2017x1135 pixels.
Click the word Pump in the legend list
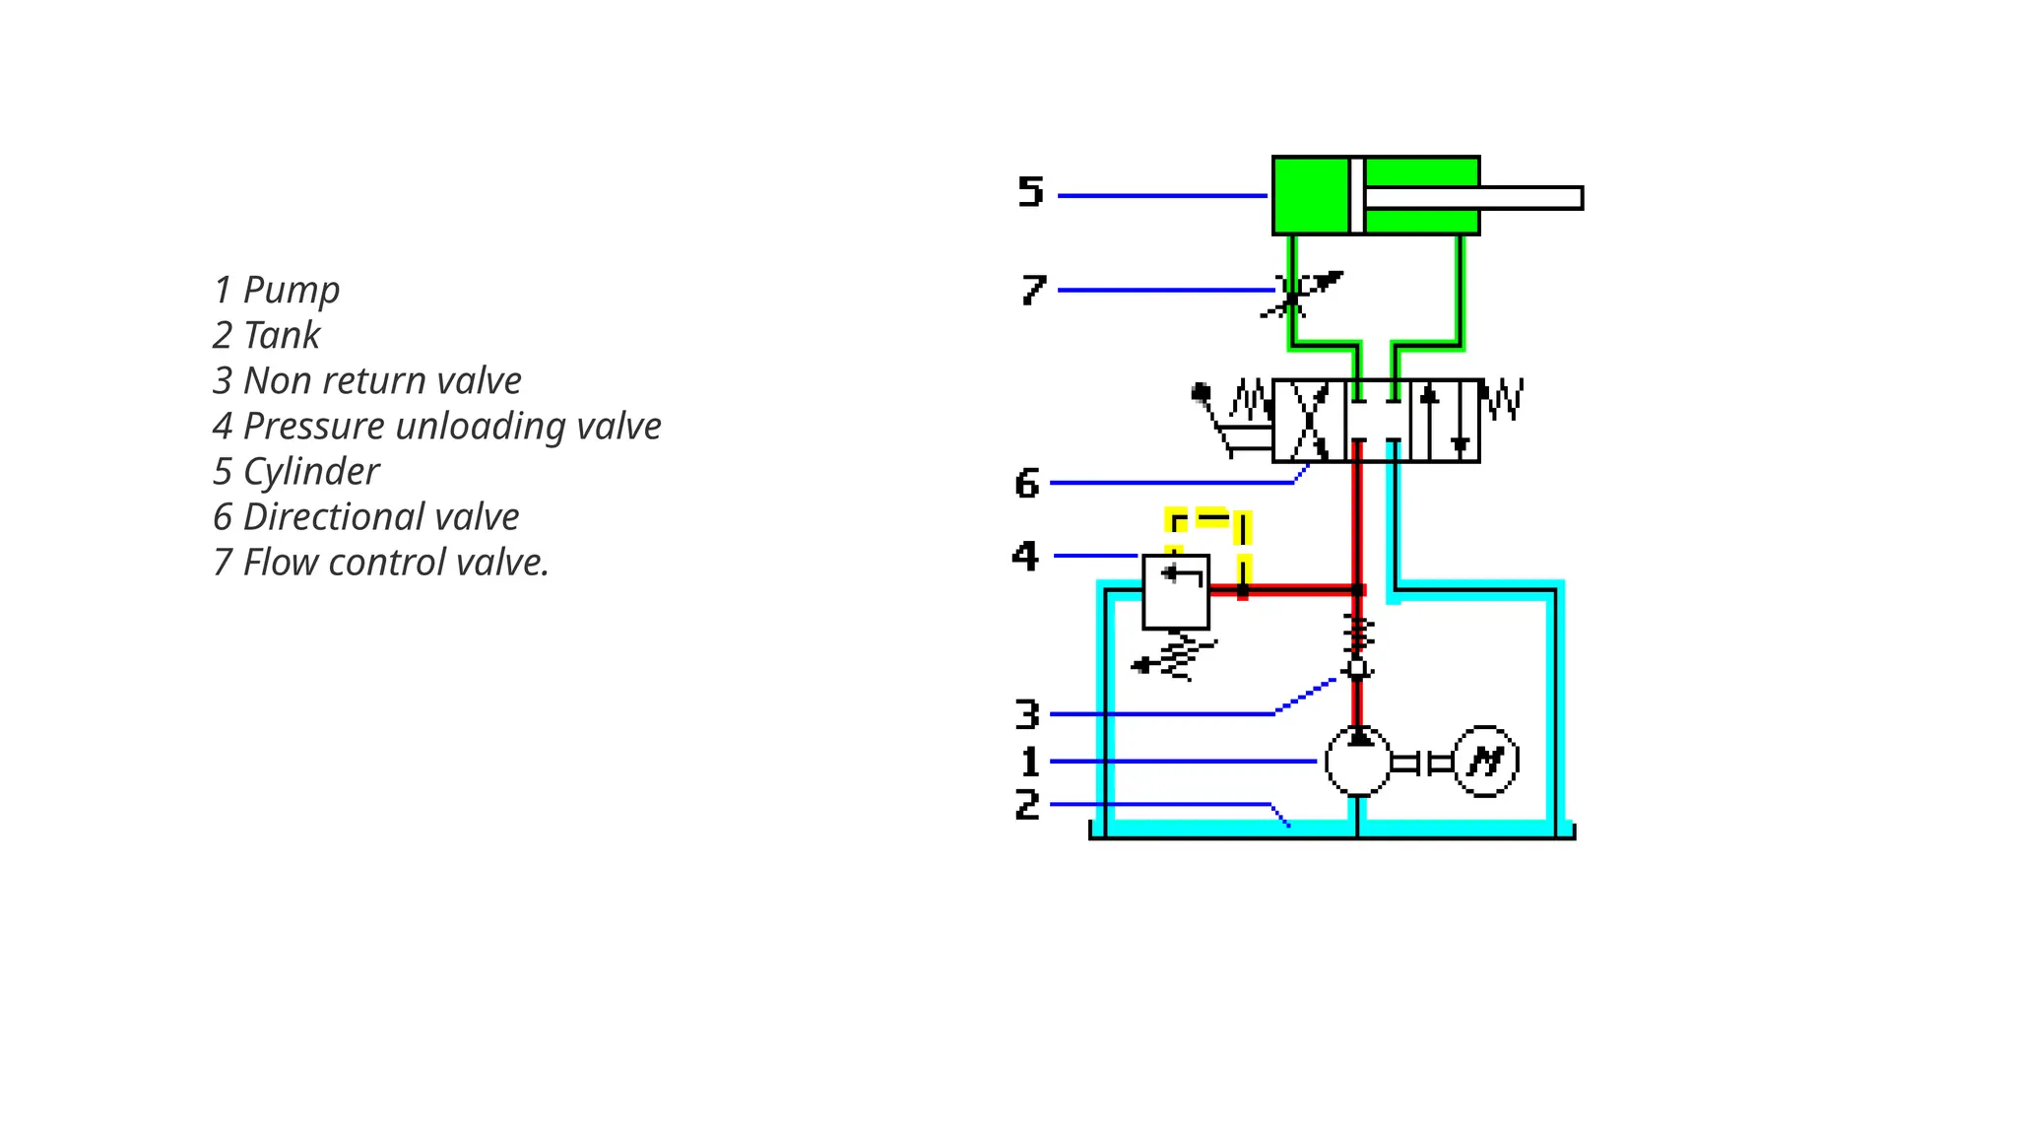point(291,291)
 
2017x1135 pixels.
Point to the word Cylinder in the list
point(310,472)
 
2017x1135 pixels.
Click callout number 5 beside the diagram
point(1030,191)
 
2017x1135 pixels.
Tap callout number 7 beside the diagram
point(1032,290)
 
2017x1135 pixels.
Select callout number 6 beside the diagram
point(1027,484)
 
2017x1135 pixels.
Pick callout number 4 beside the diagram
point(1025,557)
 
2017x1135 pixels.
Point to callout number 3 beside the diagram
point(1027,714)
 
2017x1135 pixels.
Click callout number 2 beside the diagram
point(1027,805)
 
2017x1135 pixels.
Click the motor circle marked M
point(1485,762)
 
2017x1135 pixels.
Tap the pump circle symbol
point(1357,762)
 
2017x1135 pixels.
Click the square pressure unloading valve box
point(1175,592)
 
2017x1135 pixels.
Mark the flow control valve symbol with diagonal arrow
point(1298,293)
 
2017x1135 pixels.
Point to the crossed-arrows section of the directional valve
point(1309,421)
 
